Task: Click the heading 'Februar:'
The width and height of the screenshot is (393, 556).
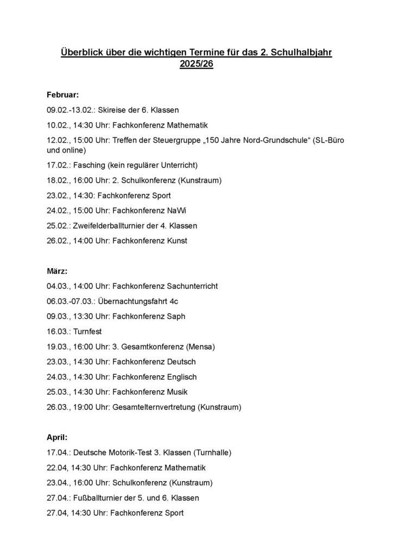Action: [x=63, y=94]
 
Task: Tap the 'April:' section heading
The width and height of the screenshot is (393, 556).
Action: [x=57, y=436]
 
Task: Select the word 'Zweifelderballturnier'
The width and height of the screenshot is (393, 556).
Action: [x=109, y=225]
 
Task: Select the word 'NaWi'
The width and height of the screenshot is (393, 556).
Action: [x=179, y=210]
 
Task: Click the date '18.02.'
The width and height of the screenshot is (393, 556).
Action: [x=58, y=180]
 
